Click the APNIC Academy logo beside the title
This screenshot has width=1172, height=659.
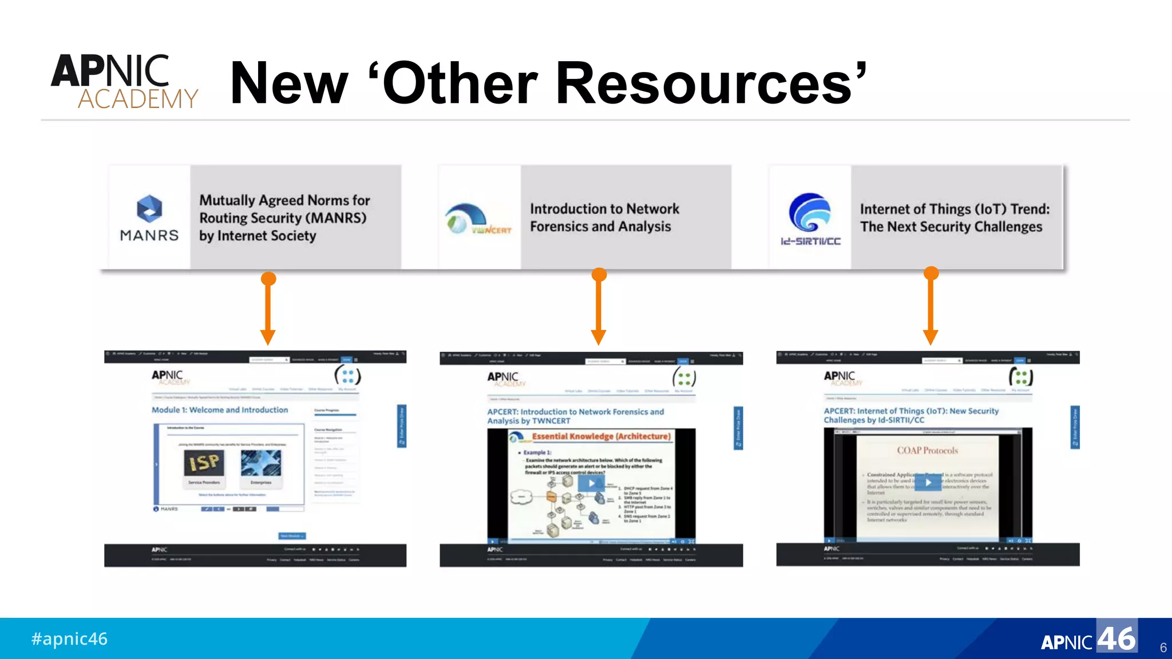pos(124,81)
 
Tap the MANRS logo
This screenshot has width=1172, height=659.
pos(149,218)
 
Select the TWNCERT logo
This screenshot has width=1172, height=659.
pos(478,219)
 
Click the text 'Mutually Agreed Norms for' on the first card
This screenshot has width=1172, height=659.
pos(284,200)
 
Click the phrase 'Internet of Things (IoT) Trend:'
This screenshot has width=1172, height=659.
pos(955,209)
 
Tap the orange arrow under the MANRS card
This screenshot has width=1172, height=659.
pos(268,309)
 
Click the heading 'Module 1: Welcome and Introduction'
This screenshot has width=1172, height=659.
pos(220,410)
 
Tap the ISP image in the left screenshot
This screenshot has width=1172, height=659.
pos(204,463)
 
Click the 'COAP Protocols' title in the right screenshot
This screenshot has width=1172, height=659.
pos(927,451)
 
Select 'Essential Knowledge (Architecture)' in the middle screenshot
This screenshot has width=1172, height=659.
pos(601,436)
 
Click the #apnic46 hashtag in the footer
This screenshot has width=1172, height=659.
pos(69,638)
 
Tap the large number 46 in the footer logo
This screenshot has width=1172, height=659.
pos(1116,638)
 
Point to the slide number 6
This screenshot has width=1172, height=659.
pos(1163,648)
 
